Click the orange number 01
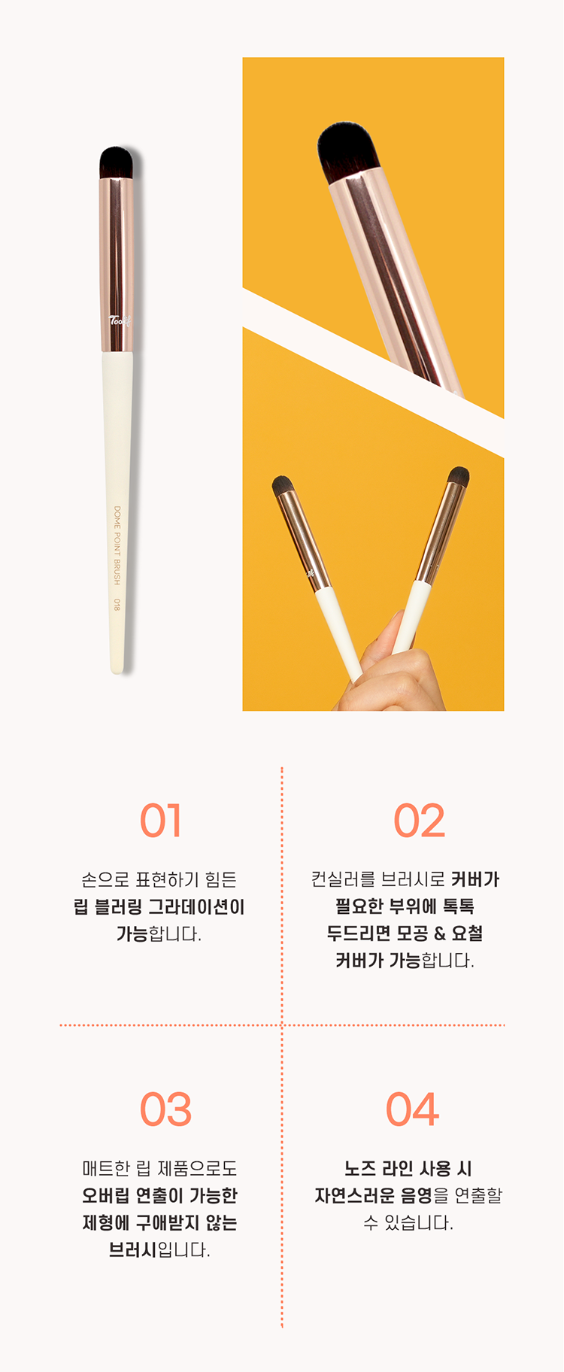pos(160,821)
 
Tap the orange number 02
pos(419,821)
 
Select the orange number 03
pos(165,1109)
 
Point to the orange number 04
pos(412,1109)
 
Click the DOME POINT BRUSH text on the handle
pos(117,545)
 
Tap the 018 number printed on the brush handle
pos(117,604)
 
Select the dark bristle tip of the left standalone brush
pos(116,162)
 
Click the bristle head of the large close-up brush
pos(345,152)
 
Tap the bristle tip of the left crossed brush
pos(283,485)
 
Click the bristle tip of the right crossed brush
pos(458,477)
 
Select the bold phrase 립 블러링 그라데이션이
pos(159,906)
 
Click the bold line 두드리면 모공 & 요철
pos(405,933)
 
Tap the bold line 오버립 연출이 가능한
pos(159,1195)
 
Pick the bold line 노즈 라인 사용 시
pos(408,1168)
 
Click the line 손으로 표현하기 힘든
pos(159,879)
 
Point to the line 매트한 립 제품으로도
pos(159,1168)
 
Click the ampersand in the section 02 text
pos(439,933)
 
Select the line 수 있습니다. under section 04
pos(408,1222)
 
